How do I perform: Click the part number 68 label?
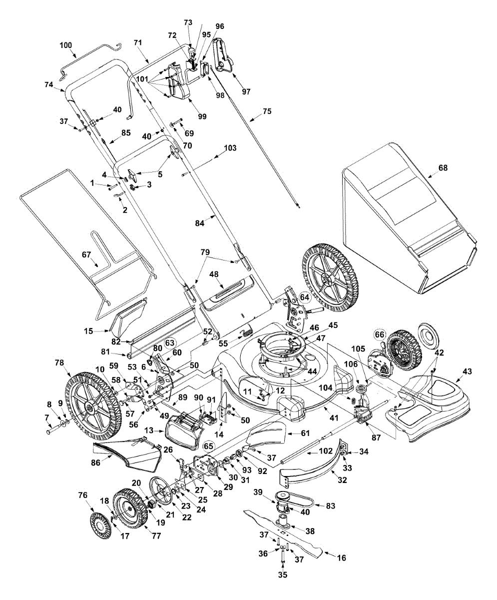pos(443,168)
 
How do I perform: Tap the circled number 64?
pos(304,297)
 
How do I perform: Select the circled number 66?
pos(379,334)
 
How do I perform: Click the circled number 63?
pos(170,342)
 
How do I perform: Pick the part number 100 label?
pos(66,45)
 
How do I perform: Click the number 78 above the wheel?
pos(59,362)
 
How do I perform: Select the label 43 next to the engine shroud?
pos(467,371)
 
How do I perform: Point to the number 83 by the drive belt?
pos(331,513)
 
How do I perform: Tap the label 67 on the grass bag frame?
pos(86,254)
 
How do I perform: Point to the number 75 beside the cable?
pos(267,111)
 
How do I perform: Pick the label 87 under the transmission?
pos(376,437)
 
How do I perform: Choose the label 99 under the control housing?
pos(202,116)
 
